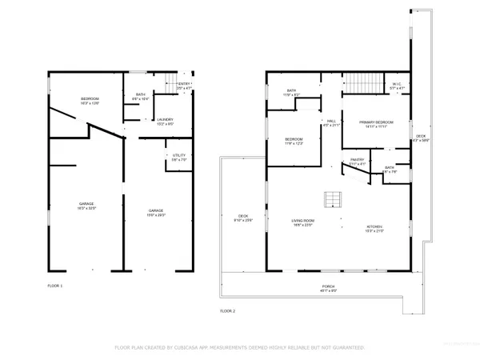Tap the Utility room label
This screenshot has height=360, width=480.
click(178, 158)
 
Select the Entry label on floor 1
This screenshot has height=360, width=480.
click(184, 86)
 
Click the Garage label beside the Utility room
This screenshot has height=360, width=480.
click(156, 214)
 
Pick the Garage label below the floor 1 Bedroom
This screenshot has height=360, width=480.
click(86, 206)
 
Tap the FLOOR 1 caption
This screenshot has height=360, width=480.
click(56, 285)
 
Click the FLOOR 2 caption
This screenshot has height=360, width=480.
click(229, 310)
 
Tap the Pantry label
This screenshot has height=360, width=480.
click(357, 162)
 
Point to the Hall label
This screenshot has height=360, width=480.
click(330, 123)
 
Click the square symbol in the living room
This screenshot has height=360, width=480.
click(331, 199)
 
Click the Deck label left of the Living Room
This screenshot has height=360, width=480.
click(242, 218)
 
